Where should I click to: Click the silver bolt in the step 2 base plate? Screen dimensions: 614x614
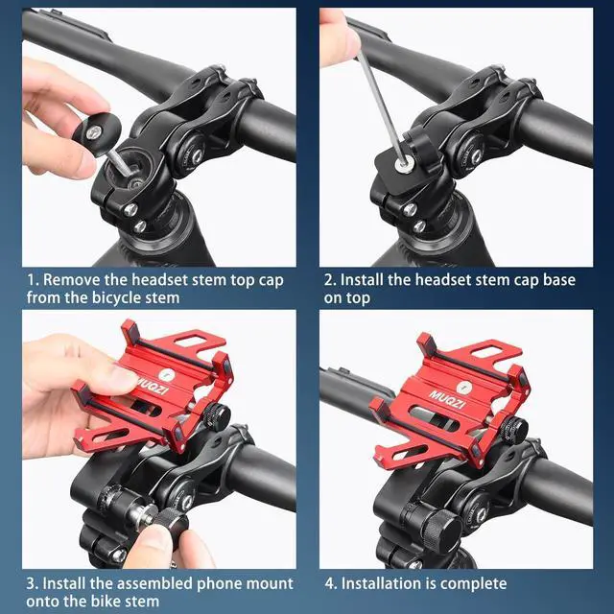(x=403, y=165)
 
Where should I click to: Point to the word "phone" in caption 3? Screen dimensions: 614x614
(x=219, y=583)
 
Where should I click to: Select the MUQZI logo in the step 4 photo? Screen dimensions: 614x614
(x=447, y=399)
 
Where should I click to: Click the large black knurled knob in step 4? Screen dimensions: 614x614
(x=441, y=531)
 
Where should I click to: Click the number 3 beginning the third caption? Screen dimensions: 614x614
(x=32, y=584)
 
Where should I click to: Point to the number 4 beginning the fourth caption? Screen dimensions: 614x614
(x=330, y=584)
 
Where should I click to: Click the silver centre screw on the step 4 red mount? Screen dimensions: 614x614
(x=464, y=388)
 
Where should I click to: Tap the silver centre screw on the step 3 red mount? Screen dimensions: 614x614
(x=167, y=375)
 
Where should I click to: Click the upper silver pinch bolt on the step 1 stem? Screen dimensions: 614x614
(x=130, y=210)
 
